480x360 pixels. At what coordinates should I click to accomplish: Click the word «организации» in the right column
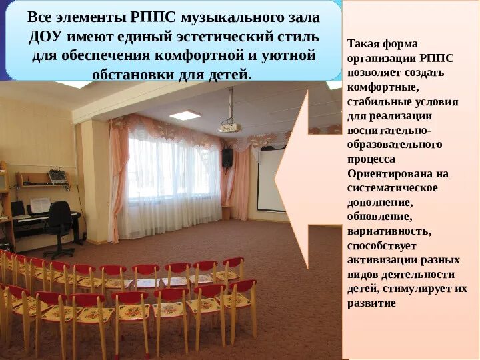(381, 58)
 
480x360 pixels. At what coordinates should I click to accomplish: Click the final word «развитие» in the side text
(371, 303)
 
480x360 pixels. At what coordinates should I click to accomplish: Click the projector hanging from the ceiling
(231, 124)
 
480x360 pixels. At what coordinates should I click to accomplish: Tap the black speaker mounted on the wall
(227, 157)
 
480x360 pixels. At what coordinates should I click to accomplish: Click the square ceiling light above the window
(185, 115)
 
